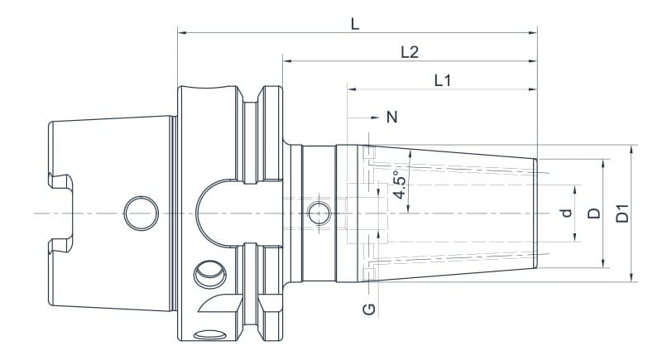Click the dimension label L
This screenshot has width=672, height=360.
pyautogui.click(x=354, y=24)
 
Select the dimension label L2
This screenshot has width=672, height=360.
pyautogui.click(x=409, y=52)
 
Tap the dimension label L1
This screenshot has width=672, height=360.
pyautogui.click(x=442, y=80)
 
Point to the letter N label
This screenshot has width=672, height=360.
pyautogui.click(x=392, y=118)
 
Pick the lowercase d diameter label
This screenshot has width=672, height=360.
pyautogui.click(x=566, y=213)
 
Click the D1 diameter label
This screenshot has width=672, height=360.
pyautogui.click(x=623, y=213)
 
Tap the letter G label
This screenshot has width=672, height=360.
pyautogui.click(x=370, y=310)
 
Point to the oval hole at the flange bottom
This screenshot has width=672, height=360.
pyautogui.click(x=210, y=334)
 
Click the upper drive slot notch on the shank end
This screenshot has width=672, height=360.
pyautogui.click(x=60, y=180)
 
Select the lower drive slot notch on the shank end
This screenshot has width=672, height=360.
pyautogui.click(x=60, y=244)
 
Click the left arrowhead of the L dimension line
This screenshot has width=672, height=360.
pyautogui.click(x=181, y=33)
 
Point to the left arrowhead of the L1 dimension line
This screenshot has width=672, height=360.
pyautogui.click(x=351, y=89)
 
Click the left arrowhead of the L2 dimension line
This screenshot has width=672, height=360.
pyautogui.click(x=286, y=60)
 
